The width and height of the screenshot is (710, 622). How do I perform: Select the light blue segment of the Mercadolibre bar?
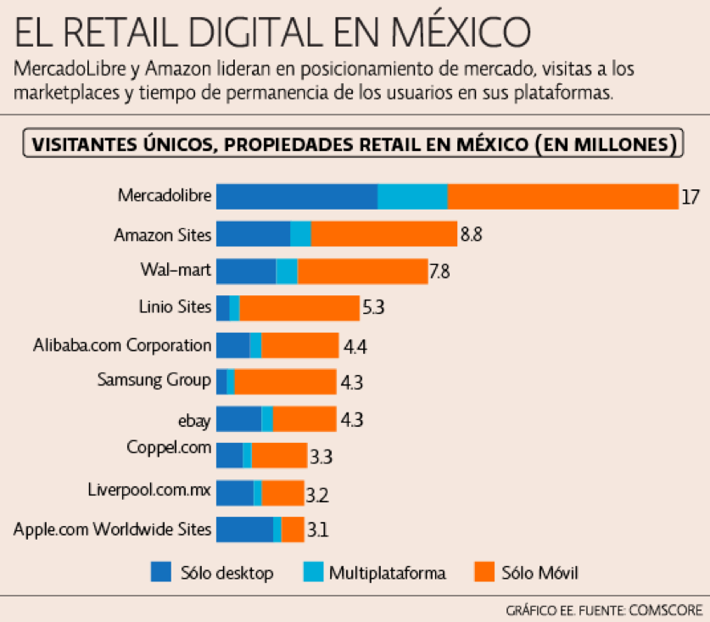412,196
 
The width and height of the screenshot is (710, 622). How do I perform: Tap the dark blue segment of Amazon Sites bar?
253,234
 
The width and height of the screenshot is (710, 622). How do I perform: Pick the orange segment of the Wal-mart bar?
362,272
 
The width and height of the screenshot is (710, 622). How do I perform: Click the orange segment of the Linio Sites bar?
299,308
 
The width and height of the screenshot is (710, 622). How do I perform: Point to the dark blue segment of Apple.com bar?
244,530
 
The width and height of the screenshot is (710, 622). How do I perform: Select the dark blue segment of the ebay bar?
238,418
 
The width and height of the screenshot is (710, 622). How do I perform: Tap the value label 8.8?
472,235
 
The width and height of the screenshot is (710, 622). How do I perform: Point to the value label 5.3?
374,308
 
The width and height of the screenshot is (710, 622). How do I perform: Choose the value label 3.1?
317,530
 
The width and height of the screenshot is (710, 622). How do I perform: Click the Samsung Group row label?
154,380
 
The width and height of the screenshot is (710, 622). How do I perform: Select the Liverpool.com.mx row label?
149,490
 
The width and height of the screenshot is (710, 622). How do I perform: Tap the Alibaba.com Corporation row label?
122,345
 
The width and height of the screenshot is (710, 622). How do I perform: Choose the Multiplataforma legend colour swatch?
312,573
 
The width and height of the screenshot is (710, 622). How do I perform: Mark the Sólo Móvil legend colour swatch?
484,573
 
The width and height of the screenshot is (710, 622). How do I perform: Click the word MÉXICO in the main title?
459,34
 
